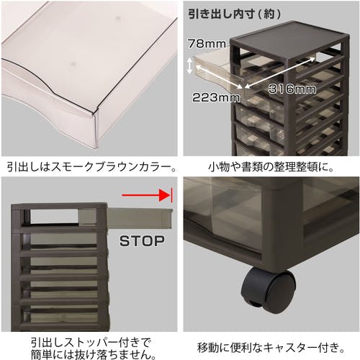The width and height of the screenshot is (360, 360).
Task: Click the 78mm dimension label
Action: (207, 44)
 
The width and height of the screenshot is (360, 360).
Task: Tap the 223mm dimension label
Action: (216, 97)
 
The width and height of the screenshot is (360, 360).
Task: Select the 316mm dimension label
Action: (292, 89)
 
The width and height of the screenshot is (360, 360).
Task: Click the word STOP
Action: (142, 241)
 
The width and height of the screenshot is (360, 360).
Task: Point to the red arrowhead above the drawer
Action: (165, 195)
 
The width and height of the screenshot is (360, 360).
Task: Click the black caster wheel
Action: (269, 290)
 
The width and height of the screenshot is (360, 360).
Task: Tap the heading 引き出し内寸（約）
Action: (235, 14)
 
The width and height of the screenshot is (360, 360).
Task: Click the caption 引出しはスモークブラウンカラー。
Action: (91, 167)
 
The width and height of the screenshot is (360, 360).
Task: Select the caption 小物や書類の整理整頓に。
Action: (271, 167)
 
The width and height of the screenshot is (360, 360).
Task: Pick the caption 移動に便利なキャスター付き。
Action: (271, 347)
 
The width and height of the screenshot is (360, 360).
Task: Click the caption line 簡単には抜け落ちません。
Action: (94, 354)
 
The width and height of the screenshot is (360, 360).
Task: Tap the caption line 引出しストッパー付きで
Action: (91, 342)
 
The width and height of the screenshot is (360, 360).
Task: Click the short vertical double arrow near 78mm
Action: (189, 66)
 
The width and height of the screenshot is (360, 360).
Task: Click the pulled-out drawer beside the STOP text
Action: (139, 217)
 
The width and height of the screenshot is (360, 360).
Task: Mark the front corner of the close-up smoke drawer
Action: (94, 112)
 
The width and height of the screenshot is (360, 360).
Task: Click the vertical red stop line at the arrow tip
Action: (172, 195)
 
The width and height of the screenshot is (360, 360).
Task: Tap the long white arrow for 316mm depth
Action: (280, 72)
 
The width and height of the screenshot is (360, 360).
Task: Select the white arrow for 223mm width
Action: (219, 78)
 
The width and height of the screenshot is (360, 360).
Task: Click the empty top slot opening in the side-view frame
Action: (55, 217)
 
